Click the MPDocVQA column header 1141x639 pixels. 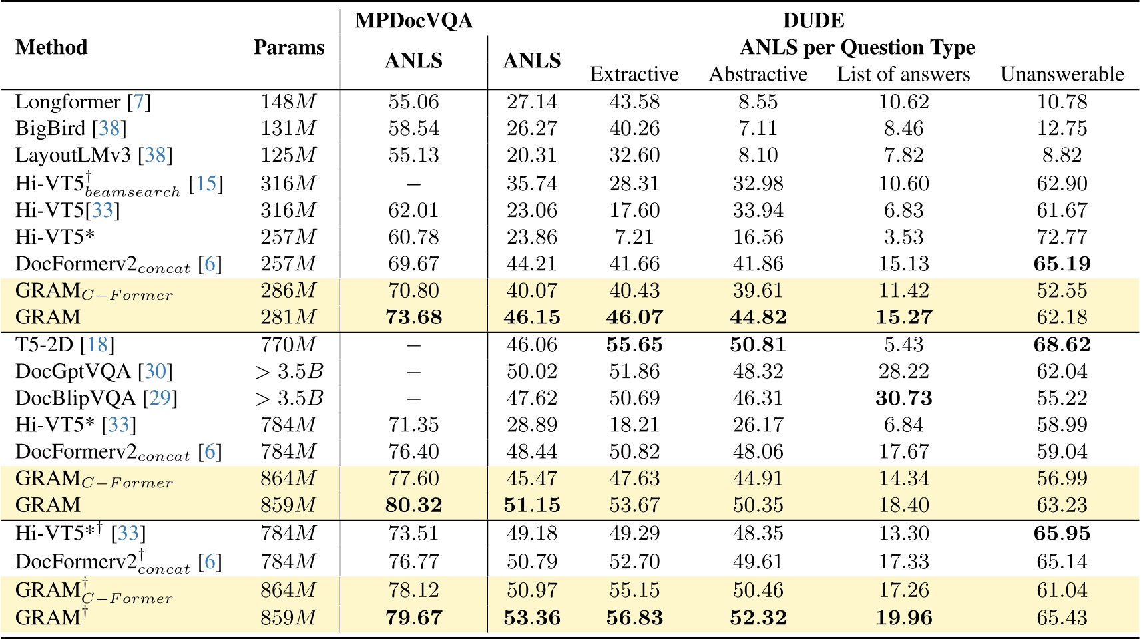413,21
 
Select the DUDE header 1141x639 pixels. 813,21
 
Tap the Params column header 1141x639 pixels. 289,47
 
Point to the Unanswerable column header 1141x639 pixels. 1062,74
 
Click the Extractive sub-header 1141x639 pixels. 634,74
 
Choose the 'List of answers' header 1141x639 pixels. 903,74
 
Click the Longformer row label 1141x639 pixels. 68,102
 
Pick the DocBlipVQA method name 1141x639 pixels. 76,398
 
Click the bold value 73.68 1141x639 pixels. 413,317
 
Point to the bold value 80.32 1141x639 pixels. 413,505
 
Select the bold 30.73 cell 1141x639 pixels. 903,398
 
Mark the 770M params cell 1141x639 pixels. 288,345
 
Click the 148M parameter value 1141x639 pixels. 288,102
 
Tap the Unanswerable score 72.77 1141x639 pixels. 1062,237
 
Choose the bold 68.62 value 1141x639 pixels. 1062,345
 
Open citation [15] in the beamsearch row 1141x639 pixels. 206,184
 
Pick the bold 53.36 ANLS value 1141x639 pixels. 532,618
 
